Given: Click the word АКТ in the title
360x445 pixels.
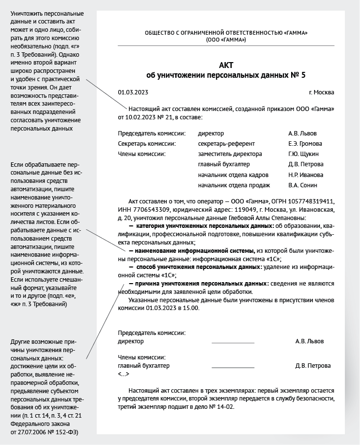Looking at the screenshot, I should coord(226,66).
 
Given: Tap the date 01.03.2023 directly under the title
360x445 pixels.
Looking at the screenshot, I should coord(133,92).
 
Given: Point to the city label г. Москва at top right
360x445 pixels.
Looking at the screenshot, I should coord(321,92).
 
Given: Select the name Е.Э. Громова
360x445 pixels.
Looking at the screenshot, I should coord(305,144).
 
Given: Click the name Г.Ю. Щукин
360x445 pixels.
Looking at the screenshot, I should coord(304,154).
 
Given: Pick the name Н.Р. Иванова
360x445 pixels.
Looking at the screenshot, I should coord(306,175).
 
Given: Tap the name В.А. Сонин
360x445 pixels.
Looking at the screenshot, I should coord(303,185).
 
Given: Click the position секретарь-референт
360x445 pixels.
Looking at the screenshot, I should coord(226,144).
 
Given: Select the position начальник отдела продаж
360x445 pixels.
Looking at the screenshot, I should coord(234,185).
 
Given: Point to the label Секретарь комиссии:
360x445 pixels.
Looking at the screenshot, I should coord(147,144).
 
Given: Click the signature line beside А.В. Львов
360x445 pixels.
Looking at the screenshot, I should coord(233,342).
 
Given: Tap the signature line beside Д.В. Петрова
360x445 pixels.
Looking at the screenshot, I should coord(233,367).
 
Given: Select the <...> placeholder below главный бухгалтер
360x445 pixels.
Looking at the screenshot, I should coord(124,374).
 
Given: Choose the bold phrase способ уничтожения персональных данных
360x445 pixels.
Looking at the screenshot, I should coord(199,267).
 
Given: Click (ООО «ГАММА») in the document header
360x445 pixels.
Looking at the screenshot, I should coord(226,39).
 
